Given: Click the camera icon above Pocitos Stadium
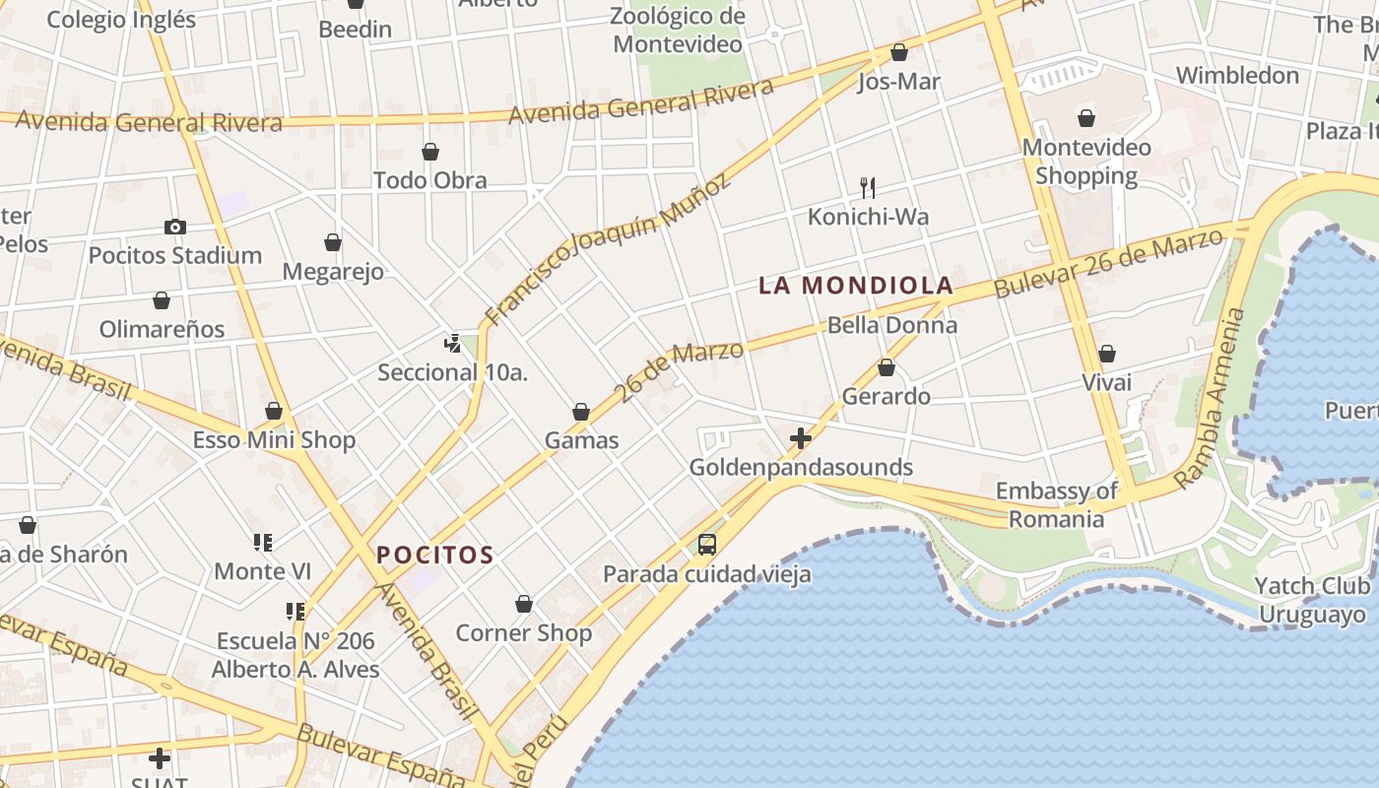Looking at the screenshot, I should pos(175,228).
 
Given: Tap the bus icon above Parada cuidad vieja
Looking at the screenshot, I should pos(706,544).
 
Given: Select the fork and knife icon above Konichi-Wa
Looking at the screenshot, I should pos(868,187).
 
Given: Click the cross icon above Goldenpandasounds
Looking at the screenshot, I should pos(801,437).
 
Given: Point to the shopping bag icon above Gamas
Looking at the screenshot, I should pos(581,412).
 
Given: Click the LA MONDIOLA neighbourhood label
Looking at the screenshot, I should pos(856,286).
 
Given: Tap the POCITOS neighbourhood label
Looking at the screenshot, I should pos(434,555).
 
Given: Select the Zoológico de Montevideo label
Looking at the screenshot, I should pos(678,30).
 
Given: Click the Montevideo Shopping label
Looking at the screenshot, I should pos(1086,162).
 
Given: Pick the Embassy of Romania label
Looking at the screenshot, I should pos(1056,504).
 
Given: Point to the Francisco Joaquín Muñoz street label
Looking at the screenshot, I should pos(609,248).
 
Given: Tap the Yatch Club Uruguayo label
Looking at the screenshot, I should pos(1312,600).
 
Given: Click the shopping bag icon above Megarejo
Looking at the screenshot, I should pos(333,242).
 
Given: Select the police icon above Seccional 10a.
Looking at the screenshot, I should pos(452,344).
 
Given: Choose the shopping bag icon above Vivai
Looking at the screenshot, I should pos(1107,354).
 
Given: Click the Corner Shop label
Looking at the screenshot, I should pos(523,633).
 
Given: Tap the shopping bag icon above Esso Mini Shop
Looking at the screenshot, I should pos(274,411).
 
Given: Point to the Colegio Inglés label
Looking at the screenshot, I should pos(121,20).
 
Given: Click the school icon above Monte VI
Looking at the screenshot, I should pos(262,543).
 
